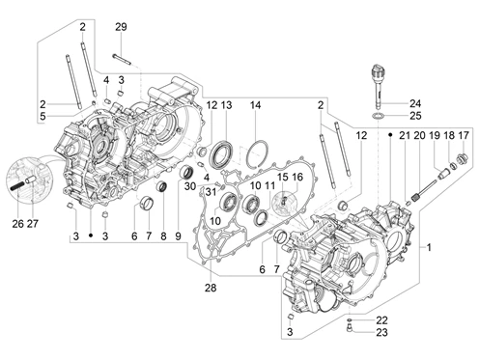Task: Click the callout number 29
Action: (x=121, y=27)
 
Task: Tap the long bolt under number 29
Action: (x=122, y=59)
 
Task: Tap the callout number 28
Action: (x=211, y=288)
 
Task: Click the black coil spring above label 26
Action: (x=16, y=186)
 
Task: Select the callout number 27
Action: (x=33, y=223)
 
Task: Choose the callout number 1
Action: (x=429, y=248)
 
